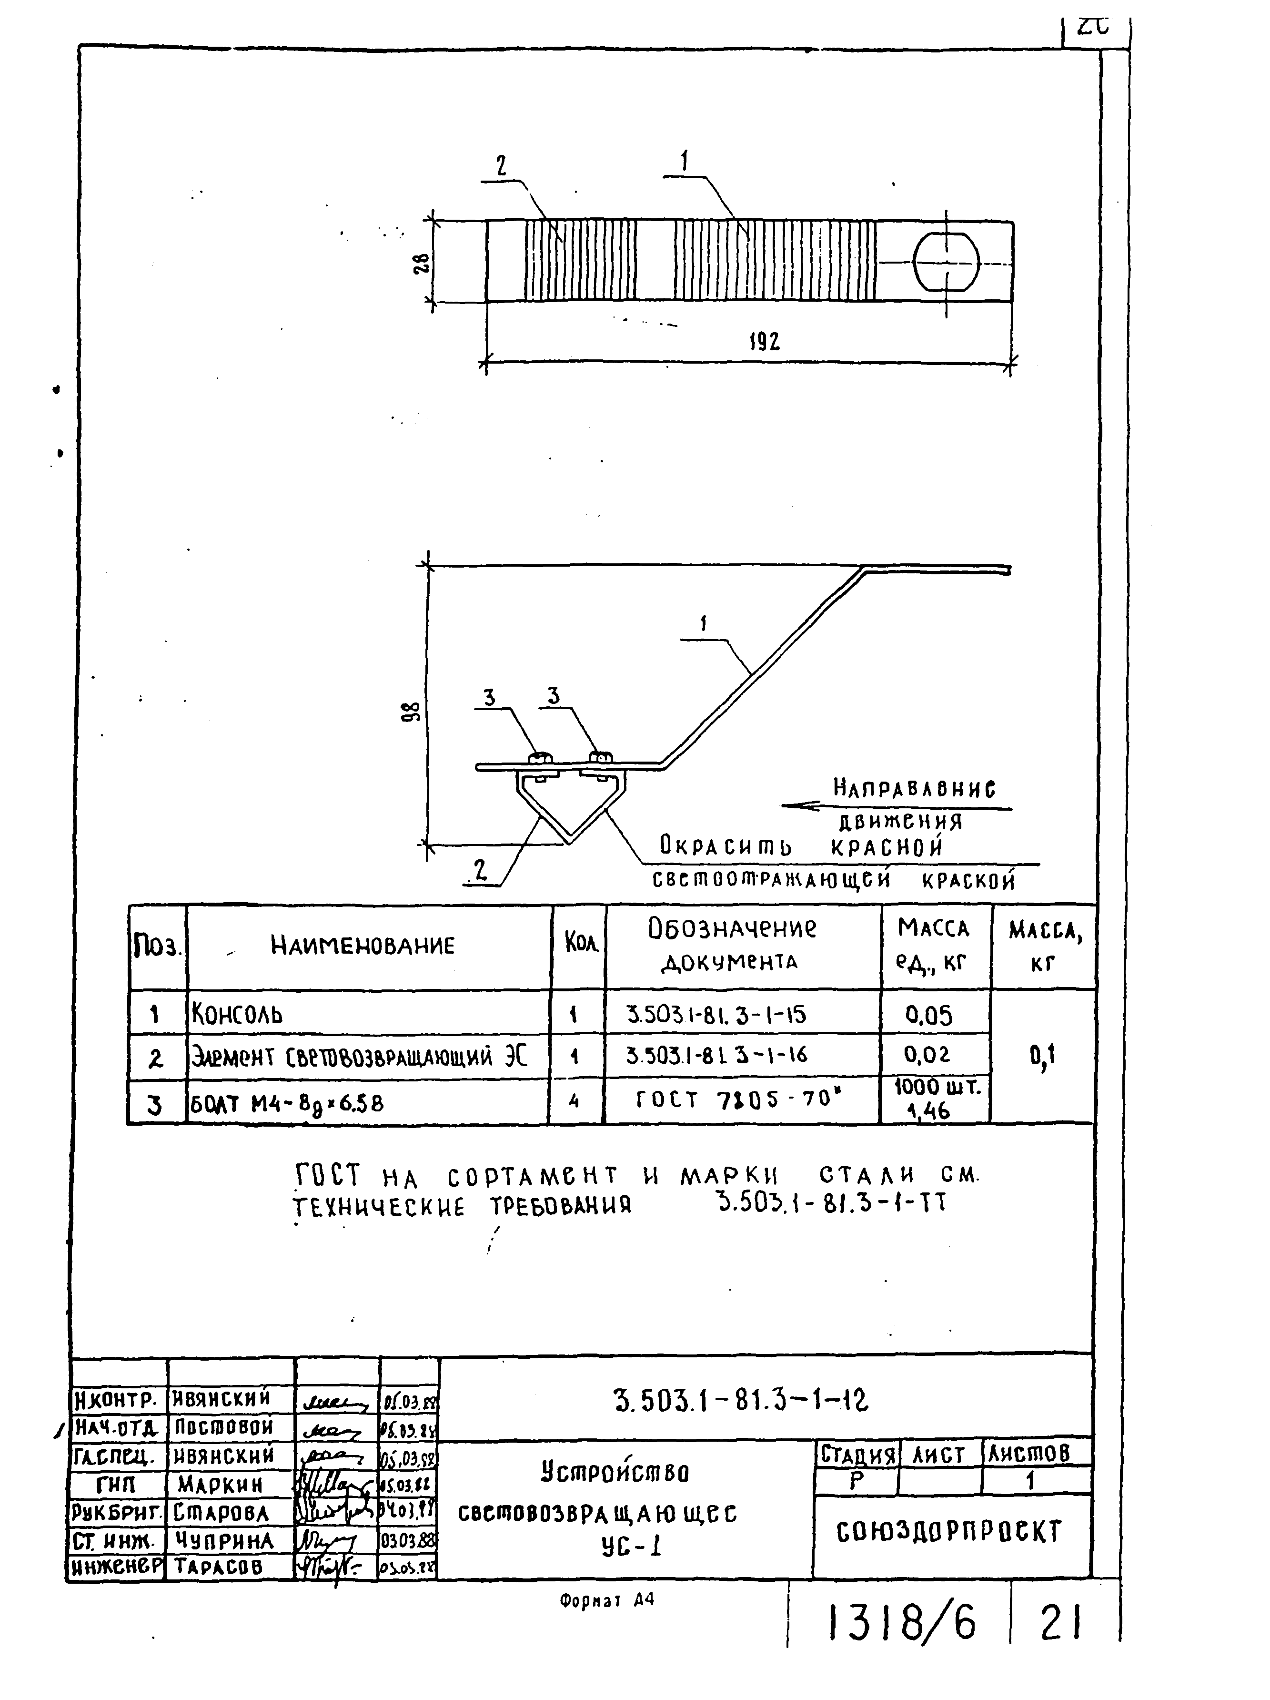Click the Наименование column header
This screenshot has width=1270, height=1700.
(362, 945)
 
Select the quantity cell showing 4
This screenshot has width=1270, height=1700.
(573, 1101)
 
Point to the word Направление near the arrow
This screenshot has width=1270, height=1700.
(914, 788)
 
